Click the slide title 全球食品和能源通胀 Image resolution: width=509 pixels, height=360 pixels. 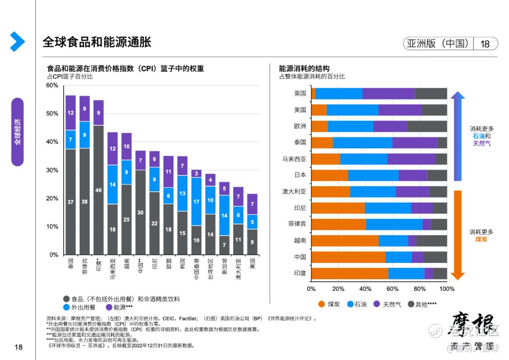pos(97,42)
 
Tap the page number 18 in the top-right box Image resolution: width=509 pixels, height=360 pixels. pos(484,44)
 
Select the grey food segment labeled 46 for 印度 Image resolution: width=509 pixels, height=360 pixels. pos(99,190)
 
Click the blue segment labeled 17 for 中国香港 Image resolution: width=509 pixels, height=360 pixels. pos(197,201)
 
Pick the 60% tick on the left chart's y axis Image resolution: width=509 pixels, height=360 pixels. pos(52,85)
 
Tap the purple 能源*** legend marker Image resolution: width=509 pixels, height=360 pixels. pos(109,307)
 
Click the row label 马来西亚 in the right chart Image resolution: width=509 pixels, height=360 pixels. pos(294,159)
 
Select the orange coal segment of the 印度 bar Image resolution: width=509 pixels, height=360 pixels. pos(350,273)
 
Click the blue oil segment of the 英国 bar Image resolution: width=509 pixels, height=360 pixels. pos(339,93)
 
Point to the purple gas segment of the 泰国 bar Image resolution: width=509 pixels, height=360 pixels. pos(415,142)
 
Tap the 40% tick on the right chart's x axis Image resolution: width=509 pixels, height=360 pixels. pos(365,289)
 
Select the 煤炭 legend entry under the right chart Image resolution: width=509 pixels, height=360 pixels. pos(329,304)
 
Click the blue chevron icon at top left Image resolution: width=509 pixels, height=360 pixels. pos(17,42)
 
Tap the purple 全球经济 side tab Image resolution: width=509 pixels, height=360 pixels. pos(17,132)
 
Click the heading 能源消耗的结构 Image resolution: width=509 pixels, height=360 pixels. pos(304,68)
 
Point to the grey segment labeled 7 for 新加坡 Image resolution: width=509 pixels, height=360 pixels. pos(225,245)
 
